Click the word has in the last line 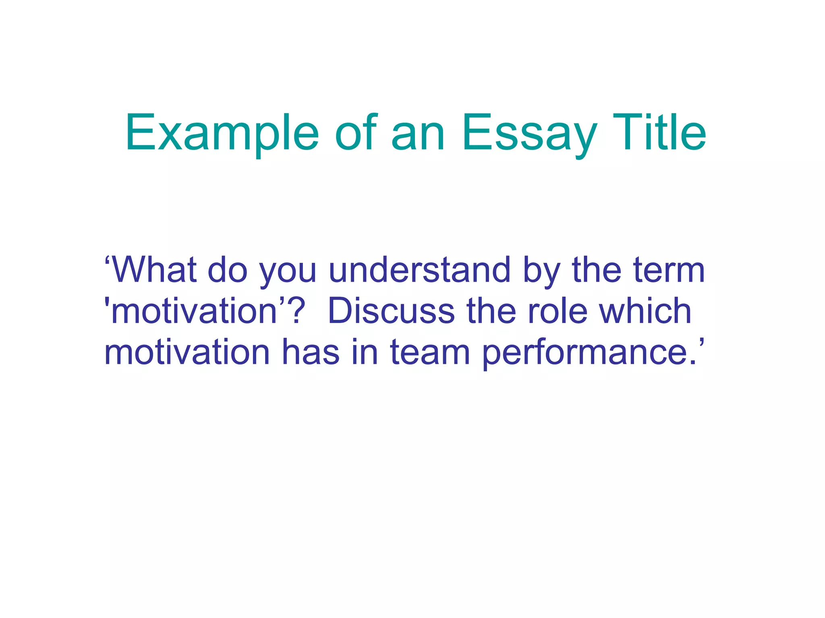(310, 352)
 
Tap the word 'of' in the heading (356, 133)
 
